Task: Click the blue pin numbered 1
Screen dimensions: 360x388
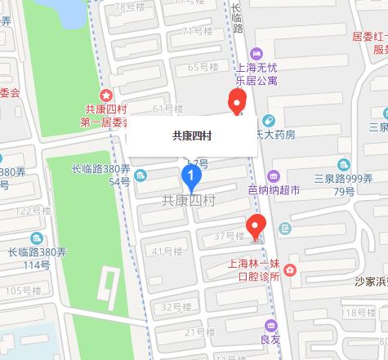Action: click(191, 176)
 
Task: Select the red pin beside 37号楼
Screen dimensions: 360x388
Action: click(256, 224)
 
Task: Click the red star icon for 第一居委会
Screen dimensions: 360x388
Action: click(105, 96)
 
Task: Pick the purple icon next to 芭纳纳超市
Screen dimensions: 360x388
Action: click(273, 176)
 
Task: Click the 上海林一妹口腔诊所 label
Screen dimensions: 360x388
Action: click(256, 270)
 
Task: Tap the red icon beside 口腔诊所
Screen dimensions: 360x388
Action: click(290, 270)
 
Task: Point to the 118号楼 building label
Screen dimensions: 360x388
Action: click(357, 313)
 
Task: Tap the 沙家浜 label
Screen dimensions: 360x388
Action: click(368, 281)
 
